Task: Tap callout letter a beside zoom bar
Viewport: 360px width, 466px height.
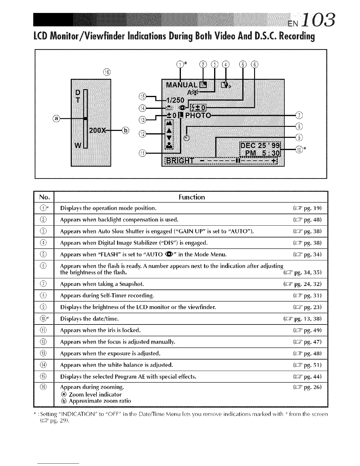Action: (x=56, y=119)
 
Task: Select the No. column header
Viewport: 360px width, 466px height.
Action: (x=44, y=197)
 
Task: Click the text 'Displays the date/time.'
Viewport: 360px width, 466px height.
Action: (x=89, y=319)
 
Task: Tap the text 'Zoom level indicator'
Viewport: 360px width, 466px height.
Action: (x=95, y=395)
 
